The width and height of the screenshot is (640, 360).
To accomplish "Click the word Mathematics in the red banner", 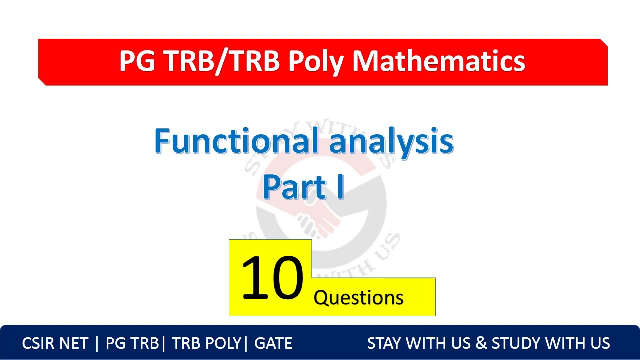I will pyautogui.click(x=438, y=61).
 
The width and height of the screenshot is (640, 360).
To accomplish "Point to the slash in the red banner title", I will pyautogui.click(x=219, y=61).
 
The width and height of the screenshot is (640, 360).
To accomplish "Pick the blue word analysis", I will pyautogui.click(x=391, y=142).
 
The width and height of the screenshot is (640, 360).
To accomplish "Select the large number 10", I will pyautogui.click(x=272, y=278).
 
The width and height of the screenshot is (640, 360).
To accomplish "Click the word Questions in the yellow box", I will pyautogui.click(x=358, y=298).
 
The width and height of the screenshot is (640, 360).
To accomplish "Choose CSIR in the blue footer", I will pyautogui.click(x=39, y=343).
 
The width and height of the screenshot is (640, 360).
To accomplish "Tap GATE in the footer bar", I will pyautogui.click(x=273, y=343).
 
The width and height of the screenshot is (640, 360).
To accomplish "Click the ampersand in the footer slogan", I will pyautogui.click(x=480, y=343).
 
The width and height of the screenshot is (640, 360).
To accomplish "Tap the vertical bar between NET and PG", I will pyautogui.click(x=97, y=343).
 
